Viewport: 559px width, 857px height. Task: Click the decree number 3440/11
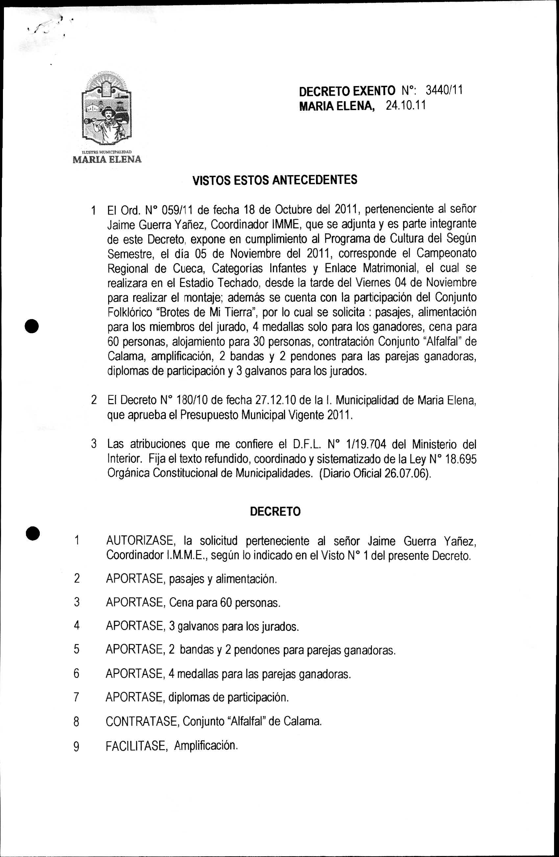(444, 90)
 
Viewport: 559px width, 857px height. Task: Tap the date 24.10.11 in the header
(405, 106)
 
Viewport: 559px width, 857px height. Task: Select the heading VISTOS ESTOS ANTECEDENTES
(275, 180)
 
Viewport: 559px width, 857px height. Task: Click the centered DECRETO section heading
(275, 512)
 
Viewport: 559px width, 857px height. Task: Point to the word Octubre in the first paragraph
(294, 209)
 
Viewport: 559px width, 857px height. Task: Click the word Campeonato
(447, 253)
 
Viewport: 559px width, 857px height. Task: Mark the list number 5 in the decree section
(76, 650)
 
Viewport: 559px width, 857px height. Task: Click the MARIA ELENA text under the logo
(107, 159)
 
